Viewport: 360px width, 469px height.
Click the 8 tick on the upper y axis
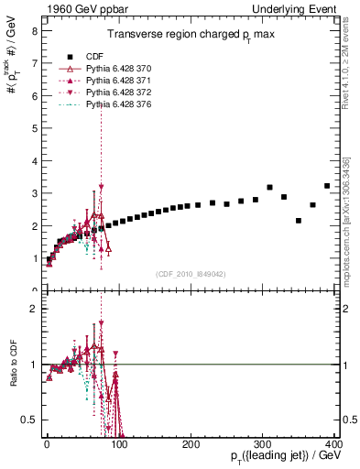[x=34, y=30]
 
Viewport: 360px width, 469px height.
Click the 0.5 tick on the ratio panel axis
[x=30, y=420]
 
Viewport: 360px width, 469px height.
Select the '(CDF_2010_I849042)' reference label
[x=191, y=274]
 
